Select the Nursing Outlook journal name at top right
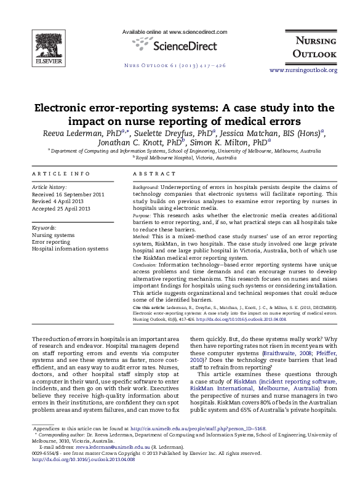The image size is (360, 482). [314, 47]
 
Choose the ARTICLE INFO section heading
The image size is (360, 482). [60, 174]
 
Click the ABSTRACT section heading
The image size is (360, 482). [151, 174]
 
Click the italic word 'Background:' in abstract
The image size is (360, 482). [146, 187]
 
